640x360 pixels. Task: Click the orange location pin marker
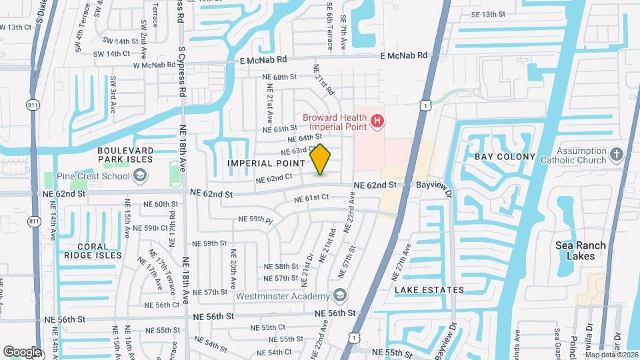click(x=321, y=160)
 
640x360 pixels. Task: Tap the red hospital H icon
click(x=377, y=121)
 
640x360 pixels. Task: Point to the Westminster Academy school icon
click(x=339, y=296)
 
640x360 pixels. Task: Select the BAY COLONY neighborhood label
click(x=505, y=157)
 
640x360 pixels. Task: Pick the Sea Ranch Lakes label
click(x=581, y=251)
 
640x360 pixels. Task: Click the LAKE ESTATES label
click(x=429, y=290)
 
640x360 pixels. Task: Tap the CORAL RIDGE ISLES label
click(x=93, y=250)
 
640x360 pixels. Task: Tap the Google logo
click(x=21, y=351)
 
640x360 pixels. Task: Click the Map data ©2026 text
click(x=611, y=355)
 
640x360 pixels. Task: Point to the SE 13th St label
click(x=493, y=14)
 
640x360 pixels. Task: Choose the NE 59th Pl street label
click(x=256, y=219)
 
